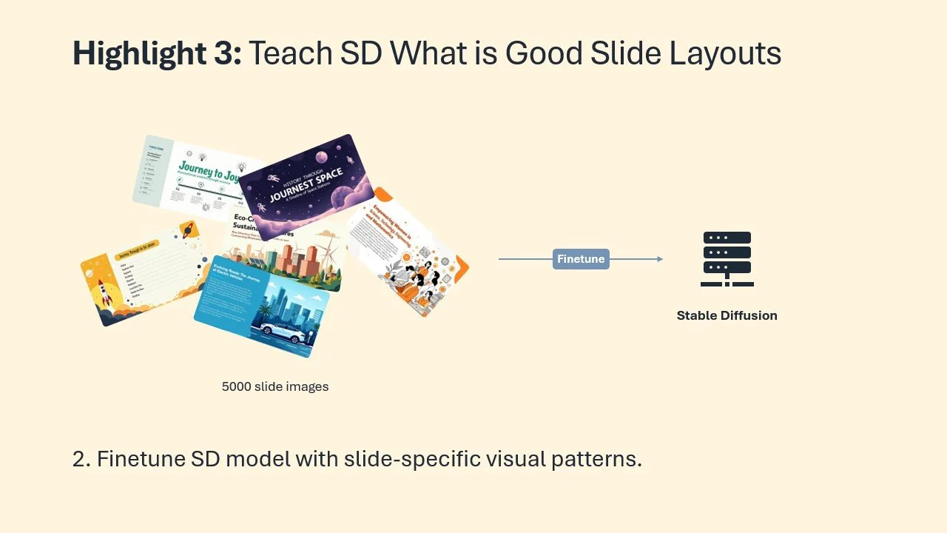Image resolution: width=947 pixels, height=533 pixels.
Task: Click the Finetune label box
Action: click(581, 259)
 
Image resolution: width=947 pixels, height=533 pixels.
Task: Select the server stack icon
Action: click(727, 259)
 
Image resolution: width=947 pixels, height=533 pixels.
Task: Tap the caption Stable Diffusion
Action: click(727, 315)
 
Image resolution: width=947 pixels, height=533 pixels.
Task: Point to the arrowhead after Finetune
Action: click(659, 259)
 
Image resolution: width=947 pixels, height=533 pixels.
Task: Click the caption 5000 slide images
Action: click(275, 386)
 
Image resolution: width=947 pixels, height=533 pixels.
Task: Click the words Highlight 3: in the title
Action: click(157, 54)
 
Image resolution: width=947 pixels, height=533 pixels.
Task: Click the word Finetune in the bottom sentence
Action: click(140, 459)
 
